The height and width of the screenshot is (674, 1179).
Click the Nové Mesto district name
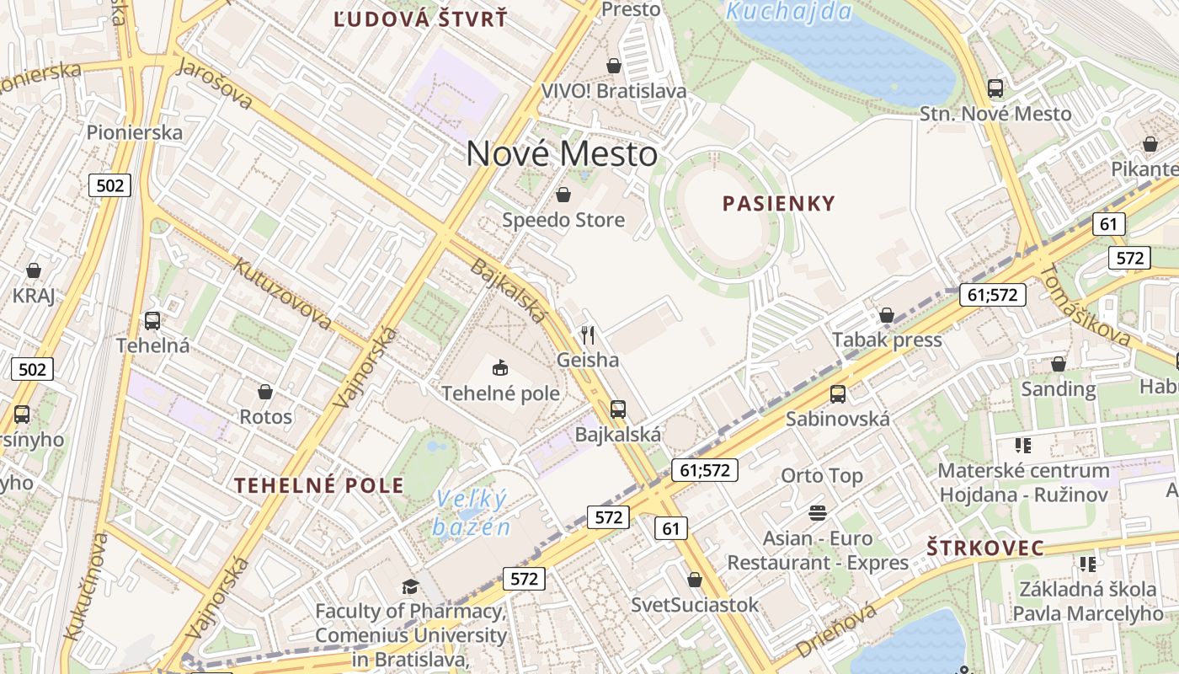(562, 154)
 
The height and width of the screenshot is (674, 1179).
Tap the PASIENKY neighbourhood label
(779, 203)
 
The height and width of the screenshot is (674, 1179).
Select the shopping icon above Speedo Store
(563, 195)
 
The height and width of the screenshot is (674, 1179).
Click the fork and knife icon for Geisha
(588, 335)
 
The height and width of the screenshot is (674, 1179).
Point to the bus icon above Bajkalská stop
(618, 409)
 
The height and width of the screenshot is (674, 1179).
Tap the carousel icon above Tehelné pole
(500, 367)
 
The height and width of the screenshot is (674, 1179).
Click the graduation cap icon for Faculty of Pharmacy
(410, 586)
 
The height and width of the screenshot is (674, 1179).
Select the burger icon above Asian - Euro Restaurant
(818, 512)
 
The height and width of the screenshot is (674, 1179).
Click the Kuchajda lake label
(789, 12)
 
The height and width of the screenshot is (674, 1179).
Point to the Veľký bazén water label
(472, 513)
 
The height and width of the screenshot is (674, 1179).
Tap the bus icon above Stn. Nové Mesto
(995, 88)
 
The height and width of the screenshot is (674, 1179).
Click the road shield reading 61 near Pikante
(1108, 224)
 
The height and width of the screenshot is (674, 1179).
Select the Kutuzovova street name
(282, 293)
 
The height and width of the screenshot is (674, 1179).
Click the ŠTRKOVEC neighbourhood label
(985, 548)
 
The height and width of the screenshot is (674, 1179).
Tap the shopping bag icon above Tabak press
(886, 315)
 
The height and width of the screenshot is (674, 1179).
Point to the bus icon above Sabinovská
(837, 393)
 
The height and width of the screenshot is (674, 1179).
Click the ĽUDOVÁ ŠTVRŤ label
(420, 19)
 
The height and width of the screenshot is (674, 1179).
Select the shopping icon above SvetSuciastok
(695, 580)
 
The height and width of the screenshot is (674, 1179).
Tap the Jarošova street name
(215, 84)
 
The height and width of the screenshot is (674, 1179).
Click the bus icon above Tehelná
(152, 320)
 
